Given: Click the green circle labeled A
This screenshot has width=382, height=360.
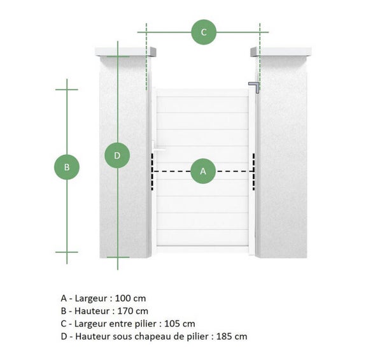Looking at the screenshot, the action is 203,171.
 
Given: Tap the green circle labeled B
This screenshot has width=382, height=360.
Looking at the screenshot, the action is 67,168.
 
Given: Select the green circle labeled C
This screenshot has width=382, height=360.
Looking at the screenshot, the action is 204,32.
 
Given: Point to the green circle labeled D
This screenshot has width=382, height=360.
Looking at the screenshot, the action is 117,155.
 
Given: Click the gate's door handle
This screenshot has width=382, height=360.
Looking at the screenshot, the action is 157,150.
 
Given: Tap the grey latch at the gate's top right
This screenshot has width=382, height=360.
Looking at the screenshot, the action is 255,87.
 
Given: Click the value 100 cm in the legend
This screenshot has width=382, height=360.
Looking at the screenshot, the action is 132,298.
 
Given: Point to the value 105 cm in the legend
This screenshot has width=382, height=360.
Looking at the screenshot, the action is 181,324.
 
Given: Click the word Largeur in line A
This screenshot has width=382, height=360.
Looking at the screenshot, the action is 92,298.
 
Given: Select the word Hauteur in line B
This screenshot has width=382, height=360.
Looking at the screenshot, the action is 92,311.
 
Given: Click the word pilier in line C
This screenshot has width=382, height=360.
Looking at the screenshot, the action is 150,324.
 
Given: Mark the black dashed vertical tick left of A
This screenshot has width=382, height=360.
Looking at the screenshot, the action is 152,171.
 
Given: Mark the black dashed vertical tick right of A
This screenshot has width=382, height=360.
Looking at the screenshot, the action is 254,171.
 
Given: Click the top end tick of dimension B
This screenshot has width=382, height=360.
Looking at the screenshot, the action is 67,89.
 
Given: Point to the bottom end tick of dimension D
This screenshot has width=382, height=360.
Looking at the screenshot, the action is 117,257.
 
